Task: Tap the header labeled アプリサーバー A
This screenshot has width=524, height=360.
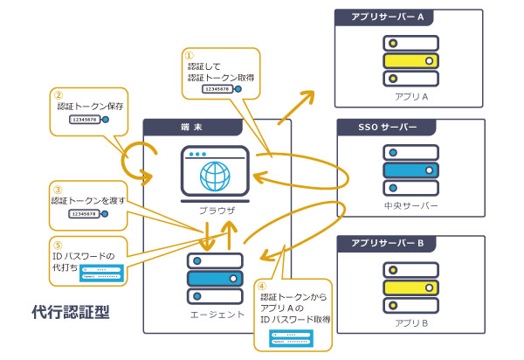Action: click(387, 17)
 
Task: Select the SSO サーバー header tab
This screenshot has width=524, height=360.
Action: click(389, 127)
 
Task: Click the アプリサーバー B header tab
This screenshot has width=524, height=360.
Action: click(387, 242)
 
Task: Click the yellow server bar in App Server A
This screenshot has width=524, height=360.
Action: click(410, 61)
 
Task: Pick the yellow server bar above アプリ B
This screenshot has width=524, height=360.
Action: click(410, 287)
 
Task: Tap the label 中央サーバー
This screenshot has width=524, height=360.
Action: click(410, 208)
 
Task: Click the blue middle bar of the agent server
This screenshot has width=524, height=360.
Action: click(213, 278)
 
